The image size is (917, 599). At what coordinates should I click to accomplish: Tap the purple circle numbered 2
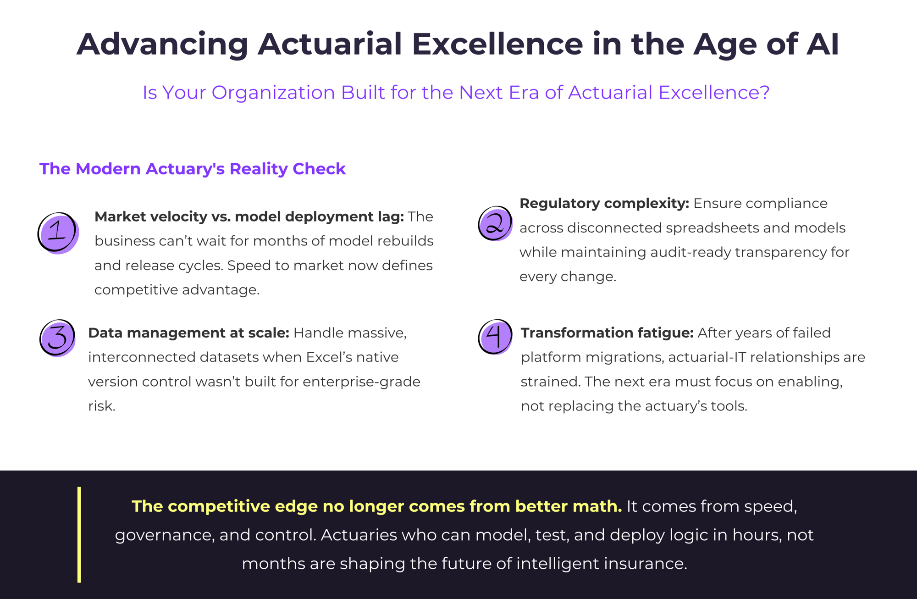[x=495, y=223]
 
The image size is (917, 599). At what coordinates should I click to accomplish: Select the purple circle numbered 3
[x=57, y=338]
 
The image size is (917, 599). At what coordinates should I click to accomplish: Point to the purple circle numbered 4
[x=495, y=337]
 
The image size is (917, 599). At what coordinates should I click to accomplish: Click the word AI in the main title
[x=823, y=44]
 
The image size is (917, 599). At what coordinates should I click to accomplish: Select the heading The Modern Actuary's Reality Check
[x=192, y=169]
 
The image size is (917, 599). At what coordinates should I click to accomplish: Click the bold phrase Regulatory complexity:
[x=604, y=203]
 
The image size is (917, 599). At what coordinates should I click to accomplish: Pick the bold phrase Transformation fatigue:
[x=607, y=333]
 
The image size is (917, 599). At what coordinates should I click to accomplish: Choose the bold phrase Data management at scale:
[x=188, y=333]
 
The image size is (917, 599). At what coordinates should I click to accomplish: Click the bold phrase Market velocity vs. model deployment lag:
[x=249, y=216]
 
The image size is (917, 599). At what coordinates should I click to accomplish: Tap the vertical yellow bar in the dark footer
[x=79, y=534]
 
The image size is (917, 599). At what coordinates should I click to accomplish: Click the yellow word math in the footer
[x=597, y=506]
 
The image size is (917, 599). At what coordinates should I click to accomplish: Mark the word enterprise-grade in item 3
[x=361, y=382]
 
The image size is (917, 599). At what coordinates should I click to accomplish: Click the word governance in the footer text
[x=163, y=535]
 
